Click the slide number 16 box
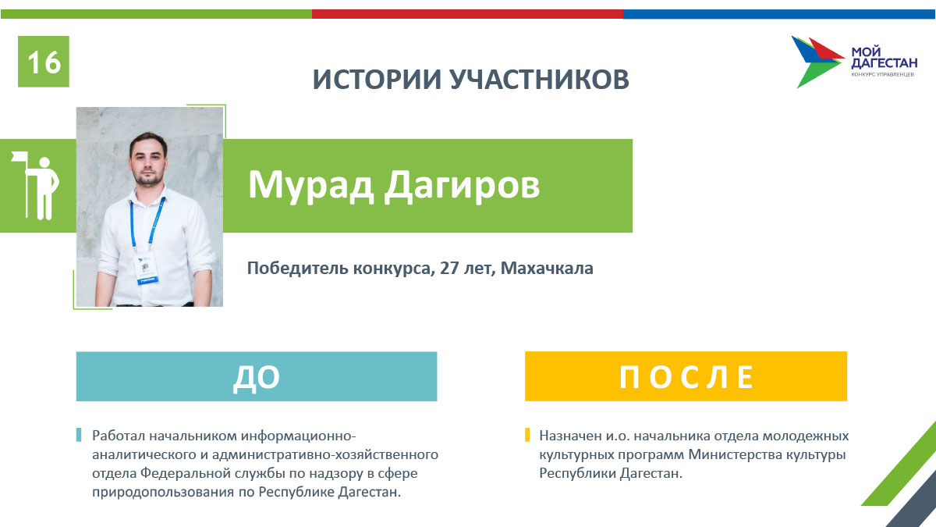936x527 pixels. (44, 62)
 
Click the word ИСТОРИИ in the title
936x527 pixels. (377, 79)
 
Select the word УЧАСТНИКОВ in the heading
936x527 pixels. (540, 79)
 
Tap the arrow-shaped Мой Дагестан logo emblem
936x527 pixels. (817, 62)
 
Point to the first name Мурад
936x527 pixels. (311, 186)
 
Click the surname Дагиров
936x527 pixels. (462, 186)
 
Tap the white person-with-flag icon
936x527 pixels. (36, 185)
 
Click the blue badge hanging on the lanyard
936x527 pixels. (147, 269)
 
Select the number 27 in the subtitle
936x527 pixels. (449, 268)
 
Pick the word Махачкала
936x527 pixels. (547, 268)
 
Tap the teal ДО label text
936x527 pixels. (256, 378)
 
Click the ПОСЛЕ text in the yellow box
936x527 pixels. (686, 377)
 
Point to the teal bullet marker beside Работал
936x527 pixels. (79, 435)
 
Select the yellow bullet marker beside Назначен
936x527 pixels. (527, 435)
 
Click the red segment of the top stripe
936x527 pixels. (467, 14)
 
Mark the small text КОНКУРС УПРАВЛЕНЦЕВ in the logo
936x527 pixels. (882, 74)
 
